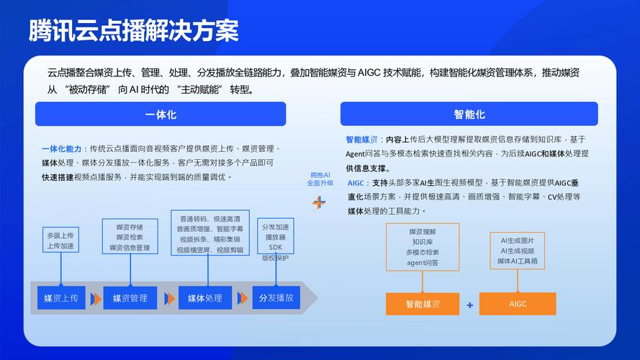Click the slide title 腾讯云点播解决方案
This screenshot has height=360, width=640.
tap(134, 30)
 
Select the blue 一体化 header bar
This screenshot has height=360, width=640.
tap(161, 114)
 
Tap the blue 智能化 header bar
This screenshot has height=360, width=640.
tap(469, 114)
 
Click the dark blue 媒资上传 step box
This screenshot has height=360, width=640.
tap(61, 298)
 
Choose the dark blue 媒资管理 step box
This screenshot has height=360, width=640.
tap(130, 298)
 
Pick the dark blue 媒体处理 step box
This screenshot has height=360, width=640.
tap(205, 298)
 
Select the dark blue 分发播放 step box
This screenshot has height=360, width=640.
tap(276, 298)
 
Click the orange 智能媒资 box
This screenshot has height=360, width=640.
tap(423, 304)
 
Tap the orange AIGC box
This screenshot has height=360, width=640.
tap(518, 304)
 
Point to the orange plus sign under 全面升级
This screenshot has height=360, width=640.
tap(319, 202)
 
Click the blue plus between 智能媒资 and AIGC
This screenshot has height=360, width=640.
tap(470, 305)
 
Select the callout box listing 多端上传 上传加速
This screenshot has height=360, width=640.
tap(60, 240)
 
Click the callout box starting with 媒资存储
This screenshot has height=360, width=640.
tap(130, 237)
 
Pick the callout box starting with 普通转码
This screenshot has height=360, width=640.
tap(210, 233)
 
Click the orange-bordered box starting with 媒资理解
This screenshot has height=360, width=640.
tap(422, 247)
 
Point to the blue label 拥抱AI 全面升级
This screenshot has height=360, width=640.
tap(320, 179)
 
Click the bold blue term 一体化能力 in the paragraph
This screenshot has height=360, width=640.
tap(63, 148)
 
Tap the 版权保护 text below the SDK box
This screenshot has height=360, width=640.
tap(275, 258)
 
